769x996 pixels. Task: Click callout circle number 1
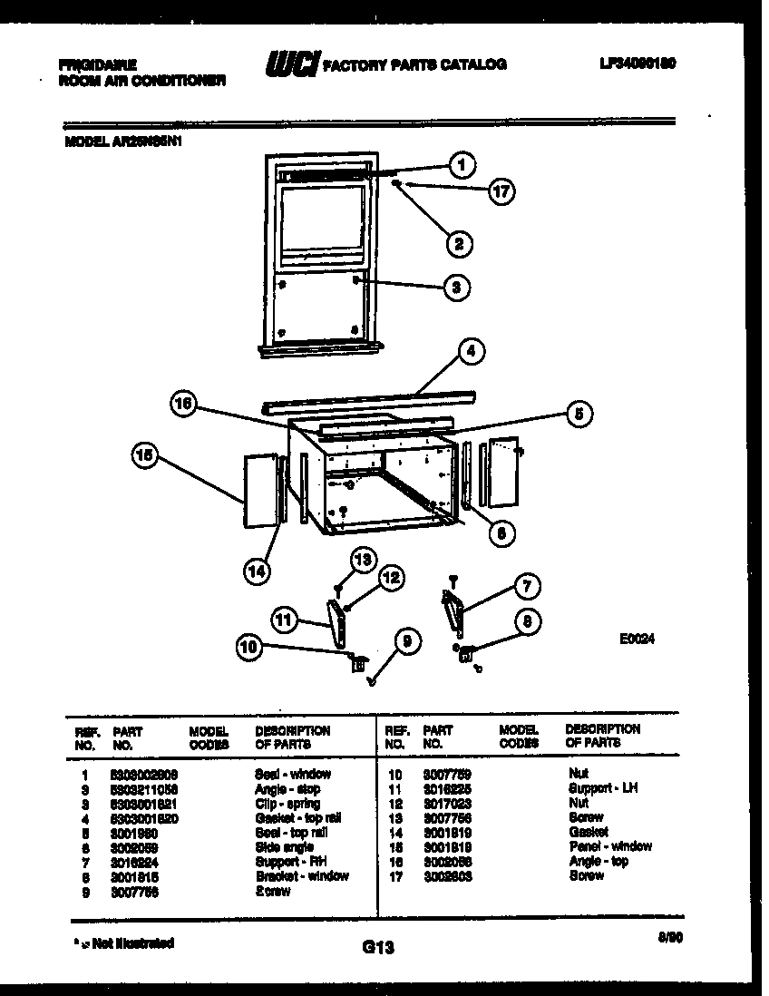click(x=462, y=165)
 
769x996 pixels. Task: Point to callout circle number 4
click(x=471, y=352)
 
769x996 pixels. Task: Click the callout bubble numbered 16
click(x=185, y=405)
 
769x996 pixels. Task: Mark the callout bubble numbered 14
click(x=258, y=570)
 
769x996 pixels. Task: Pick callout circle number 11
click(x=285, y=620)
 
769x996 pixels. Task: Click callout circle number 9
click(x=407, y=642)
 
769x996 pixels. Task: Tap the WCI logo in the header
click(x=291, y=64)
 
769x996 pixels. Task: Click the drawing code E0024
click(x=637, y=639)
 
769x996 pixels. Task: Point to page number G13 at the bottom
click(x=378, y=948)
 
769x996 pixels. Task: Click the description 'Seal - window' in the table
click(x=293, y=774)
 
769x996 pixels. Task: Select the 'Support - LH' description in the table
click(x=602, y=788)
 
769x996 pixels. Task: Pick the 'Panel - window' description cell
click(x=609, y=846)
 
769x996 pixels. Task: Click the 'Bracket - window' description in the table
click(x=302, y=875)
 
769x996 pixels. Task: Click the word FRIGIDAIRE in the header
click(x=97, y=65)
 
